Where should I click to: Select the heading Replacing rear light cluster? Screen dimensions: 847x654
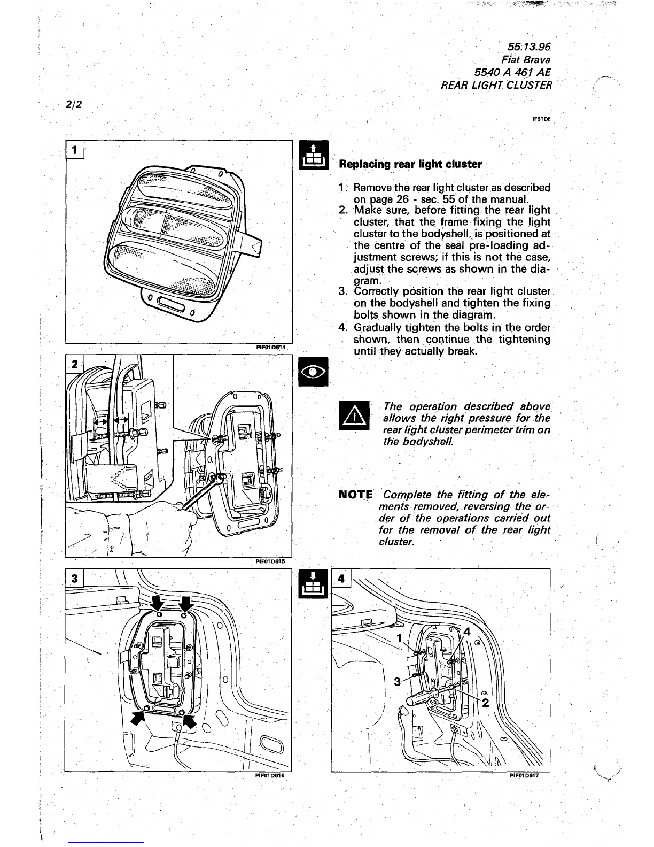pyautogui.click(x=410, y=164)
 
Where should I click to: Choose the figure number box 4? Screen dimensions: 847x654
pyautogui.click(x=341, y=579)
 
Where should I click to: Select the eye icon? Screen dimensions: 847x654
pyautogui.click(x=308, y=372)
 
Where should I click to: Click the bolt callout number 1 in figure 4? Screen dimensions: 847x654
pyautogui.click(x=398, y=638)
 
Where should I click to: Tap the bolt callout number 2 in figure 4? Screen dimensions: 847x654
pyautogui.click(x=485, y=703)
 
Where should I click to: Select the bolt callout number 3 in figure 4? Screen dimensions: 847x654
pyautogui.click(x=397, y=681)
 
